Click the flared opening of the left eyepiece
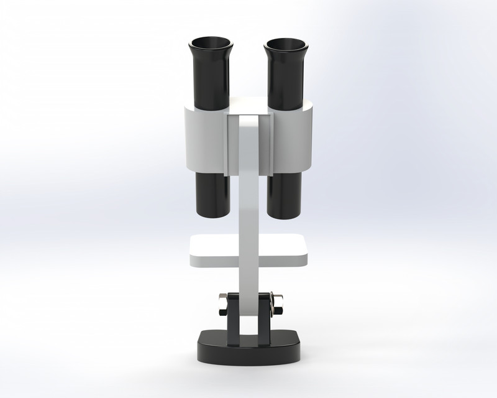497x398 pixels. coord(211,45)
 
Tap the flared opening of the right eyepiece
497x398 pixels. coord(285,45)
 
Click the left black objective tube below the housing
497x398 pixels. coord(212,194)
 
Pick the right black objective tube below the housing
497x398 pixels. coord(285,194)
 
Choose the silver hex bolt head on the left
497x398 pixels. coord(222,304)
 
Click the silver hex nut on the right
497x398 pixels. coord(277,304)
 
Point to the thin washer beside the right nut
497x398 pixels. coord(271,304)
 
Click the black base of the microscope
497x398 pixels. coord(248,352)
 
